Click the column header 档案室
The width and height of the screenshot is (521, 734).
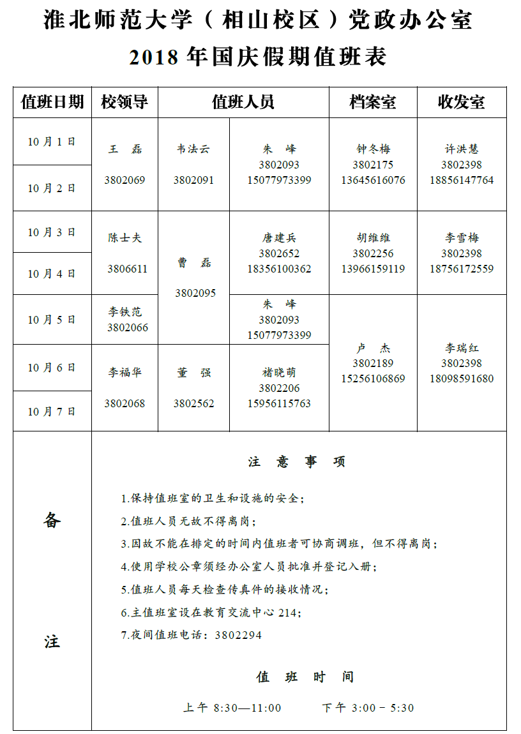point(373,102)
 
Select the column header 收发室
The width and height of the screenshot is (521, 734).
point(461,102)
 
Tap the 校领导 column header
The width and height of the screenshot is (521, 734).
point(125,102)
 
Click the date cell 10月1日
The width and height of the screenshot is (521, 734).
point(52,142)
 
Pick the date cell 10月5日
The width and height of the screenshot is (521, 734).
point(52,320)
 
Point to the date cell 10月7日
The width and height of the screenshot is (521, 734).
point(52,412)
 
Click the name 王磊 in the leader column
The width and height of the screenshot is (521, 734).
point(125,149)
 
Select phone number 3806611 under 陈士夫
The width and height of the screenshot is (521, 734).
point(127,269)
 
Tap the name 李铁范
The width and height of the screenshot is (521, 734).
point(125,312)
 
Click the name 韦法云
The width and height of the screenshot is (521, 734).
point(193,149)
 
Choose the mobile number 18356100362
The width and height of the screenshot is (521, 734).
point(280,269)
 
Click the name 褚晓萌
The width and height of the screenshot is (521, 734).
point(280,373)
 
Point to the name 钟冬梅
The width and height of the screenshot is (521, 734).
point(373,149)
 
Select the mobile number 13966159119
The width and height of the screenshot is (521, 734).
point(373,269)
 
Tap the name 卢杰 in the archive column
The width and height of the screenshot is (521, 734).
point(373,348)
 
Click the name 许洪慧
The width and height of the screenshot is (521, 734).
point(462,149)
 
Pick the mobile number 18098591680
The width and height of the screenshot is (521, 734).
point(462,378)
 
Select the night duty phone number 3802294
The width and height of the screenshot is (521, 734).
point(238,636)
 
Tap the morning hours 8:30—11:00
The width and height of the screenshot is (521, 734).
point(248,708)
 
